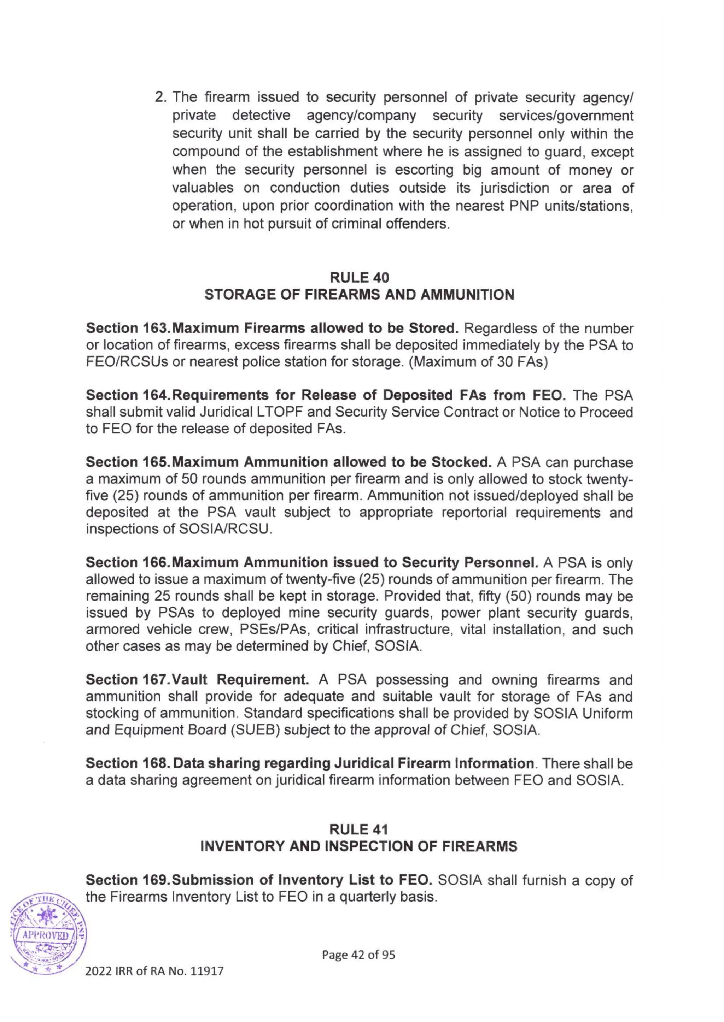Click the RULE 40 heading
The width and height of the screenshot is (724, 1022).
[x=359, y=278]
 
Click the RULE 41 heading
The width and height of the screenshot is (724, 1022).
[x=359, y=829]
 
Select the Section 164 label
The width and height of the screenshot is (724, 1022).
[x=127, y=395]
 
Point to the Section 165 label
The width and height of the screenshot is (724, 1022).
[x=127, y=462]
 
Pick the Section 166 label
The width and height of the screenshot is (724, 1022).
[x=127, y=563]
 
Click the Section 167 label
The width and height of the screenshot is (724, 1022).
[x=127, y=680]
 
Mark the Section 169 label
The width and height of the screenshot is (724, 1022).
[x=127, y=880]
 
